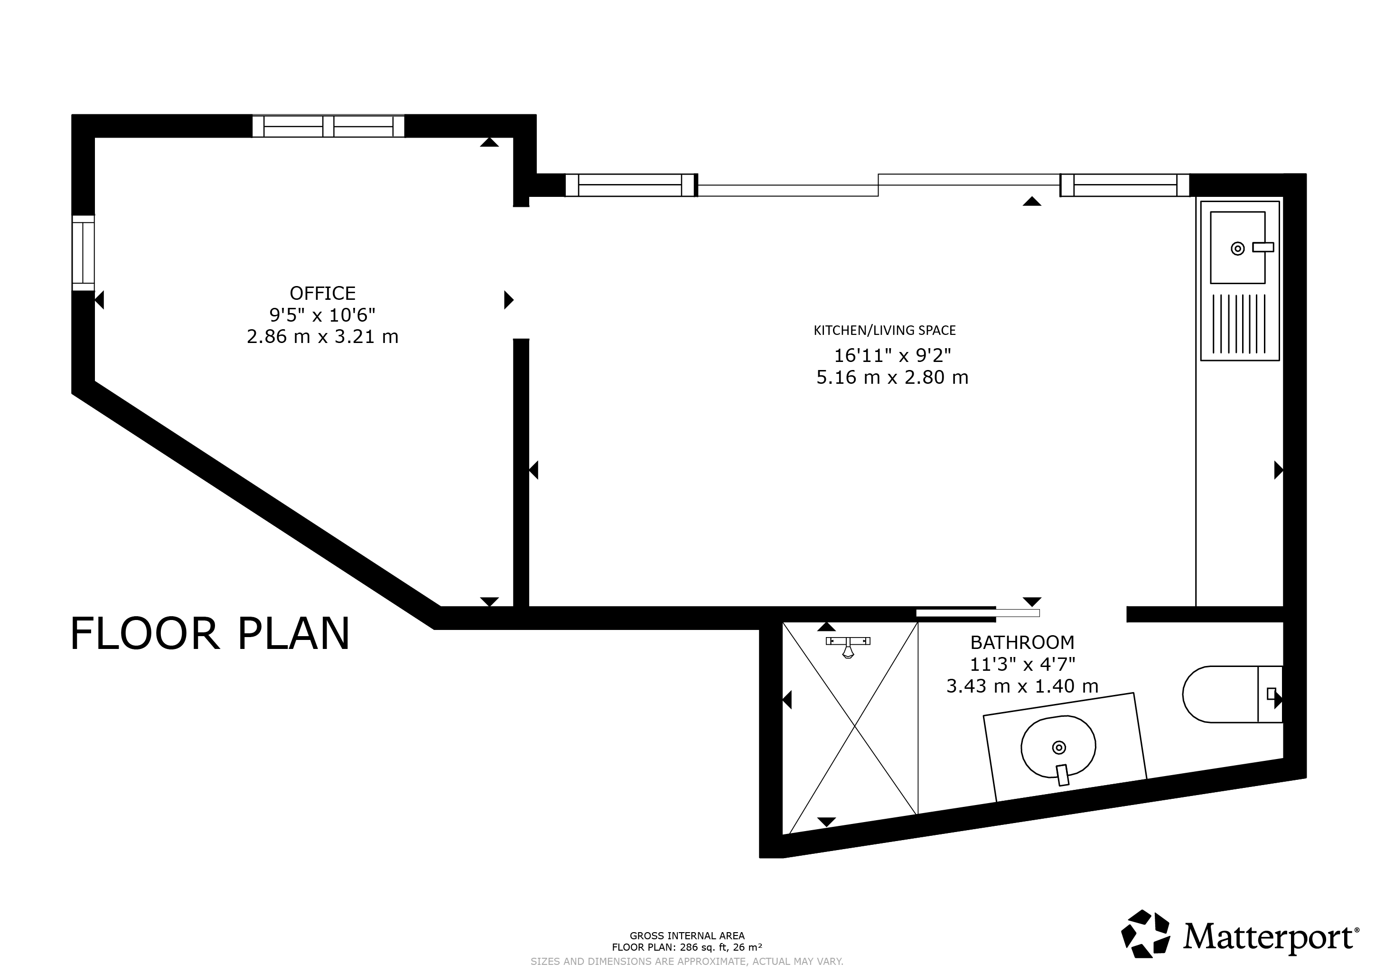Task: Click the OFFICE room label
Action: tap(322, 293)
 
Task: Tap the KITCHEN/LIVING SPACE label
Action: tap(885, 330)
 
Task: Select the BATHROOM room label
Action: tap(1022, 642)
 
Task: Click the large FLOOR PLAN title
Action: tap(210, 634)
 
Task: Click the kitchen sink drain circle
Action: tap(1237, 249)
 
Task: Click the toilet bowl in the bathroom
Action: tap(1220, 694)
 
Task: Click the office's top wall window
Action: tap(328, 126)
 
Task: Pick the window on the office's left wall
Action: tap(83, 252)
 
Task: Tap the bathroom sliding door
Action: tap(978, 613)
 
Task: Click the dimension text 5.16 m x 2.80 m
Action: tap(892, 377)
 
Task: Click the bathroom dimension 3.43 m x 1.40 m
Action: tap(1022, 685)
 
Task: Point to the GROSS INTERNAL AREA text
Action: tap(687, 935)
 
